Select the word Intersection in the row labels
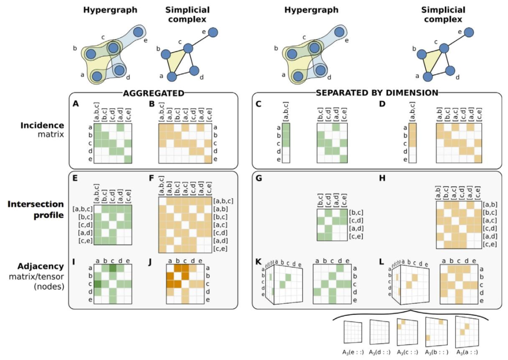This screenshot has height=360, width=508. pos(37,205)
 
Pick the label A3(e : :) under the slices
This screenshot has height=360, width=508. pos(352,351)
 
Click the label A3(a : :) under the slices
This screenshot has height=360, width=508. pos(464,351)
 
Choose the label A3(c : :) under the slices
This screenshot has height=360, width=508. pos(409,351)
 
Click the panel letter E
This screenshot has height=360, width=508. pos(76,179)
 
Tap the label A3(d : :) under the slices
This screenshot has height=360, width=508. pos(380,351)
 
